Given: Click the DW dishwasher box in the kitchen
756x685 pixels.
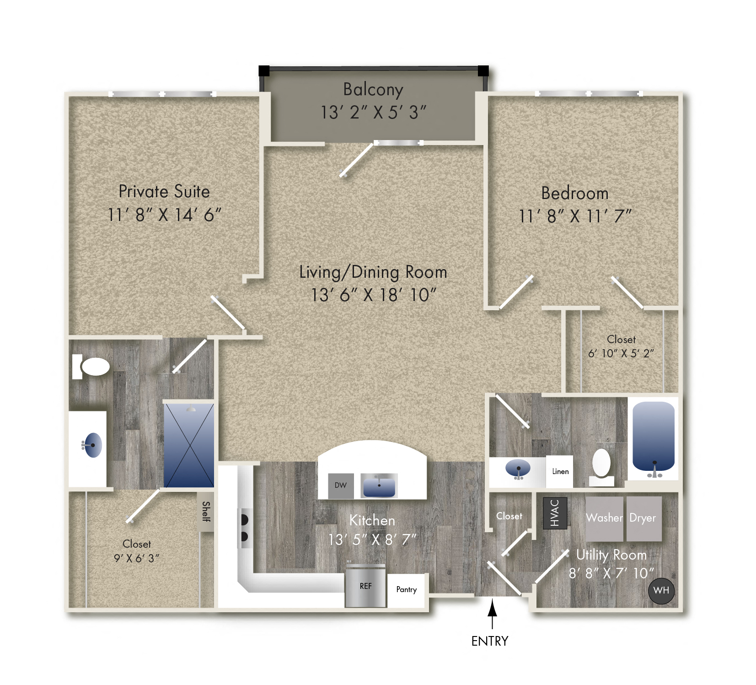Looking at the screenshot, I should click(341, 485).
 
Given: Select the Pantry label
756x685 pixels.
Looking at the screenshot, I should click(406, 589).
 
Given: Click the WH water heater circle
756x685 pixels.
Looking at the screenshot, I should click(661, 590).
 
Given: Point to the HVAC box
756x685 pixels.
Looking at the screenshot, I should click(555, 513).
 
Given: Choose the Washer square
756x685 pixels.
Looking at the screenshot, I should click(604, 518).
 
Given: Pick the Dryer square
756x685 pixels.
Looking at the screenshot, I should click(643, 518).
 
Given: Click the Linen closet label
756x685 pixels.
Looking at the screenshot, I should click(560, 471).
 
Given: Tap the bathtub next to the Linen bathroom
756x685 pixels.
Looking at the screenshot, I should click(653, 437).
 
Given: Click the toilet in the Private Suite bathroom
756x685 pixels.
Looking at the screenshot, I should click(93, 367).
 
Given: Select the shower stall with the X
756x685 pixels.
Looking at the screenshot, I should click(189, 445).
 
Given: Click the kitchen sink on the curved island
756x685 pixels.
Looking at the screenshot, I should click(379, 486).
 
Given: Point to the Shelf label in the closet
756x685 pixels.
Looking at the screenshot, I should click(206, 511).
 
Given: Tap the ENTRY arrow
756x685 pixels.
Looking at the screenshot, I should click(492, 615).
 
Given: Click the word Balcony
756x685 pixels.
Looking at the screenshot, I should click(373, 90).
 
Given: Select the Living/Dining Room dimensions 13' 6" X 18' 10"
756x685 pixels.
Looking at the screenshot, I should click(373, 295).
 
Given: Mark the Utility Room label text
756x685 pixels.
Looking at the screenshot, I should click(611, 555).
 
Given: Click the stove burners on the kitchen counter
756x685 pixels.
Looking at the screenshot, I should click(244, 528).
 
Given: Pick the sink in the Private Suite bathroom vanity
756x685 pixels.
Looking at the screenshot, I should click(92, 445).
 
